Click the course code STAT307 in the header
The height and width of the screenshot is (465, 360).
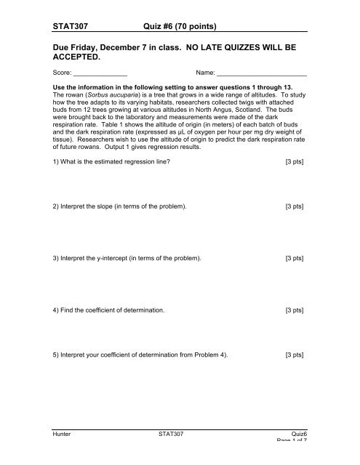[79, 28]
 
